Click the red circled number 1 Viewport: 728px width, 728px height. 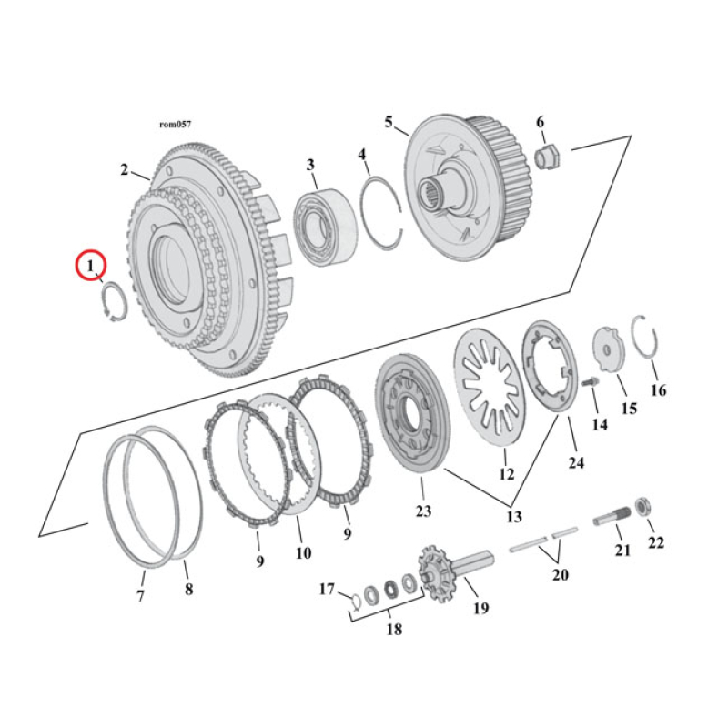pos(90,266)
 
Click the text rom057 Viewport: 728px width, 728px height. pos(175,124)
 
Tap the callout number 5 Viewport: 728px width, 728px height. pos(389,122)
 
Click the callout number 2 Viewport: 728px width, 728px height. pos(124,169)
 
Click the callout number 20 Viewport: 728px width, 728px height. pos(560,574)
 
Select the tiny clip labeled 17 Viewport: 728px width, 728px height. pos(356,597)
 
